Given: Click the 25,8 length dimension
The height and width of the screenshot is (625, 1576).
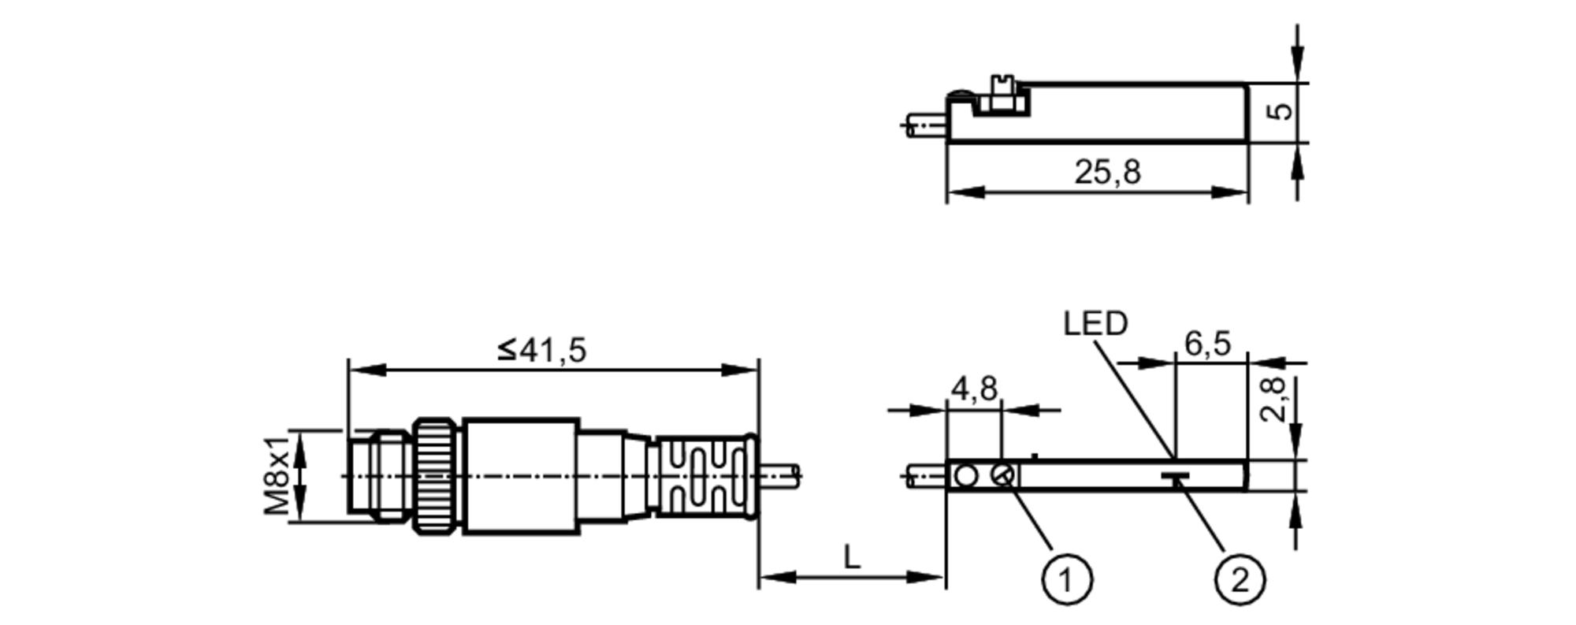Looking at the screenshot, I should pos(1107,172).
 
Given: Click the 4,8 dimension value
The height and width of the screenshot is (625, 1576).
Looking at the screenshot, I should pos(974,389).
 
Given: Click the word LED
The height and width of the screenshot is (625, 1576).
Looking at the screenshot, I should pos(1095,323).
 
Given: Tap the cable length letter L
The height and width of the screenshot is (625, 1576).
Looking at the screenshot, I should pos(852,557).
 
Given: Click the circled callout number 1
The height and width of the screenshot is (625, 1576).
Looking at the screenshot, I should pos(1067,580).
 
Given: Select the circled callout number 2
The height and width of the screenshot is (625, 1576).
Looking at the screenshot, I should pos(1240,580).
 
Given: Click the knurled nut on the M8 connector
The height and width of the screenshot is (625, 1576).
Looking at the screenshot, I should pos(437,476).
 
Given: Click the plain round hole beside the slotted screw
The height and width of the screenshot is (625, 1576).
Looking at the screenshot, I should pos(965,475).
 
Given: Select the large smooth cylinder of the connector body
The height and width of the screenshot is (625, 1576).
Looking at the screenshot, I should pos(520,476).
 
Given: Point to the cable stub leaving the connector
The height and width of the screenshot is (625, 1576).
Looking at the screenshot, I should pos(780,474).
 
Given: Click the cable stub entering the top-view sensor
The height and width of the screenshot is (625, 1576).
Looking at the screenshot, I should pos(924,476).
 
